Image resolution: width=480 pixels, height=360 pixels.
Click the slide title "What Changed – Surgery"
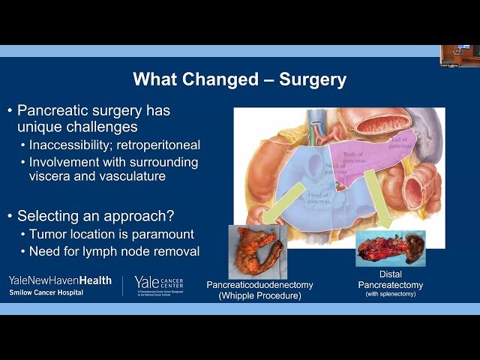[240, 79]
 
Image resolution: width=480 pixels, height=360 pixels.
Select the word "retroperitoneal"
[160, 145]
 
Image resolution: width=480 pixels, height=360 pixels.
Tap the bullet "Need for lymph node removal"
[114, 251]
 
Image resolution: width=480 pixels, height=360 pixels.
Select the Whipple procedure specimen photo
[258, 252]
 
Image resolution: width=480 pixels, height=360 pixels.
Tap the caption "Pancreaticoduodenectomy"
[259, 285]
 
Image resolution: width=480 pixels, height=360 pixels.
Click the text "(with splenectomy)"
[391, 293]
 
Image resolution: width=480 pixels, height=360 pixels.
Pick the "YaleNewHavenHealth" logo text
[60, 280]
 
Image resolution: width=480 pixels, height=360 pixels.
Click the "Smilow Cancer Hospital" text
[46, 292]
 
